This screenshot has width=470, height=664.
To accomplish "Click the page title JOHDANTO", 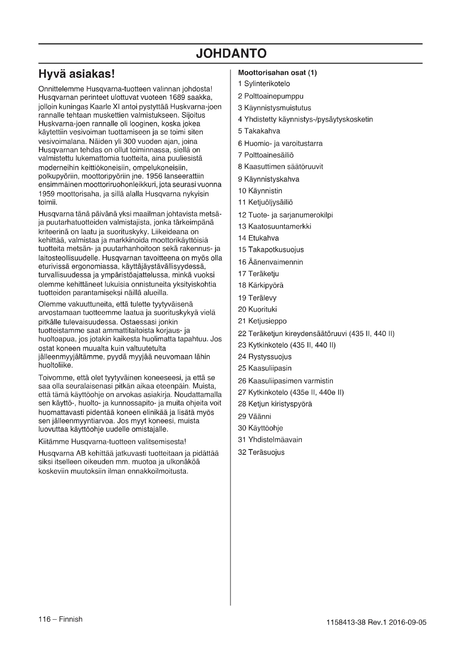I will [x=231, y=53].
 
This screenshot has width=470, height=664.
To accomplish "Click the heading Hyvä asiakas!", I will [x=77, y=74].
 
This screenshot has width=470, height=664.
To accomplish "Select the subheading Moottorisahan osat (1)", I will [x=277, y=73].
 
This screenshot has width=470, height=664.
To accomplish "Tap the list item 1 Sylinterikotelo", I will [x=264, y=84].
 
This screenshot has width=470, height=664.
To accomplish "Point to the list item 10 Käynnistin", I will [x=260, y=191].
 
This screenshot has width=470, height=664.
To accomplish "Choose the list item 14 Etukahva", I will [x=258, y=238].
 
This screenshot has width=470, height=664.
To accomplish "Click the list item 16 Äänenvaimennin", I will [x=270, y=262].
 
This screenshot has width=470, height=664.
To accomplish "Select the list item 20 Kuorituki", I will [x=257, y=309].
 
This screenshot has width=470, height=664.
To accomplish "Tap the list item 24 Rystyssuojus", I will [x=265, y=357].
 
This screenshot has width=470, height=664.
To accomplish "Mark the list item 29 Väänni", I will [x=254, y=416].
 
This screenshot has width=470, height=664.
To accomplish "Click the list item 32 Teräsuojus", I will [x=261, y=452].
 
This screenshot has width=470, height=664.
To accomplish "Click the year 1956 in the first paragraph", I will [x=155, y=176].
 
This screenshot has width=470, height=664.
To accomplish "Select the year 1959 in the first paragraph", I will [x=47, y=194].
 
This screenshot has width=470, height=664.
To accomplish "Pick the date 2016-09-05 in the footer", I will [x=407, y=622].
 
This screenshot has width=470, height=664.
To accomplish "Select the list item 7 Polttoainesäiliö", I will [x=266, y=155].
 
